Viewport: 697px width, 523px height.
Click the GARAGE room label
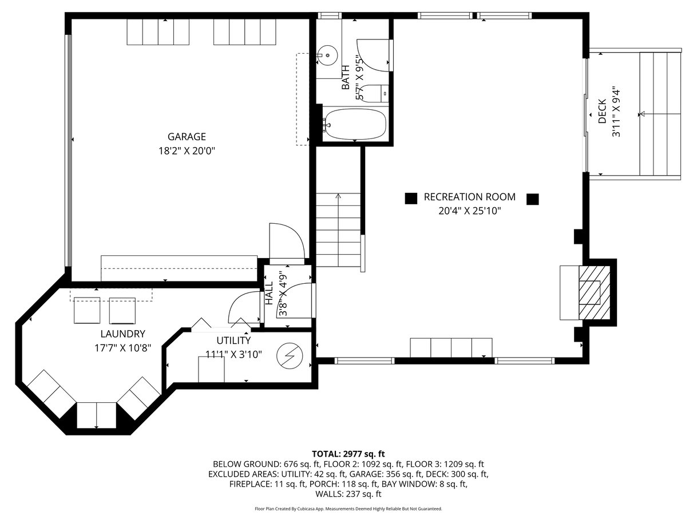click(187, 137)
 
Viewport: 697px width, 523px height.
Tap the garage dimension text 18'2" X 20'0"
click(187, 151)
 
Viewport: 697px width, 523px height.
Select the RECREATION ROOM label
click(470, 197)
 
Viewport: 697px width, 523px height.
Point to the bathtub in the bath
click(355, 124)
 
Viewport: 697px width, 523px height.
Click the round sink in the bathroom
click(327, 56)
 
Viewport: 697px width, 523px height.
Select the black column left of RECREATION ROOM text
click(411, 198)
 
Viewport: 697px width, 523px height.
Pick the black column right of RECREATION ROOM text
click(533, 199)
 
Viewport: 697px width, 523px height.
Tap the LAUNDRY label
click(123, 334)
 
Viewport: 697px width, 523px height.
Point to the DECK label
click(602, 111)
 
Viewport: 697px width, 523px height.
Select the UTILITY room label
click(233, 340)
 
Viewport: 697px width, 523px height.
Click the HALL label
click(269, 293)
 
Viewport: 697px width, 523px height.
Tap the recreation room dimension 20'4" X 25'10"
click(470, 211)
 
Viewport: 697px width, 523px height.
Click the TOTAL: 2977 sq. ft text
click(348, 454)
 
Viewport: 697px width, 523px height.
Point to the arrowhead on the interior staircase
click(338, 196)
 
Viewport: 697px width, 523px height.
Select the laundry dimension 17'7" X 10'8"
click(123, 348)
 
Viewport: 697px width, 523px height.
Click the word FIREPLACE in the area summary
click(250, 484)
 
